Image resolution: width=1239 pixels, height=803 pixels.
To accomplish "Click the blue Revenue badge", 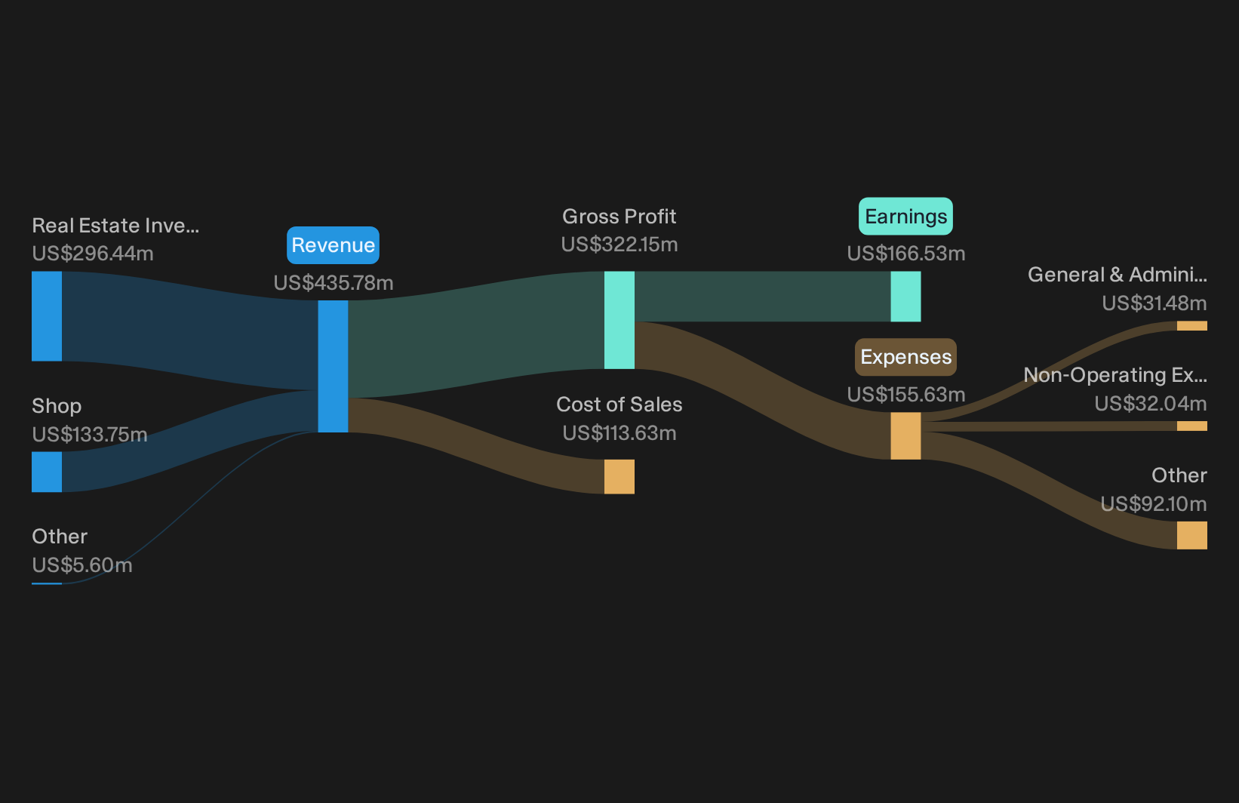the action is (x=333, y=245).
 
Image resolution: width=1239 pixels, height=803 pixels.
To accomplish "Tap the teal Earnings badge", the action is (x=905, y=217).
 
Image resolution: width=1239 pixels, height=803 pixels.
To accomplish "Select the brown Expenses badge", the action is (x=905, y=357).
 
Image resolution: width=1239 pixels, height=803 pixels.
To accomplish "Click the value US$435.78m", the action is (x=334, y=283).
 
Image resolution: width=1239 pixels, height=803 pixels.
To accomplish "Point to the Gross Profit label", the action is (x=619, y=217).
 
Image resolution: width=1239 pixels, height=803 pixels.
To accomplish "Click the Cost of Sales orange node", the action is (x=619, y=476).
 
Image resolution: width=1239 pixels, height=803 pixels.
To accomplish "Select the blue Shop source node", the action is (x=47, y=472).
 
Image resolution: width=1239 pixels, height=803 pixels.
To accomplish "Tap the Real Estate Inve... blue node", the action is (x=47, y=316).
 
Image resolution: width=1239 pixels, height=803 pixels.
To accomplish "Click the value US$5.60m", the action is (x=81, y=565).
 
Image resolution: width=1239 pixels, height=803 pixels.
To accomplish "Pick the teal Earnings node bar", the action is (x=906, y=297).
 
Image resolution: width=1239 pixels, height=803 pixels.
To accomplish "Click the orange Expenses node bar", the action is (x=906, y=435).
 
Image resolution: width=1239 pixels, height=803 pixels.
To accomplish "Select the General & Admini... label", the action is (x=1118, y=275).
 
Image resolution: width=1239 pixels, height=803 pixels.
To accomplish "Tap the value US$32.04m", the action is (x=1151, y=404).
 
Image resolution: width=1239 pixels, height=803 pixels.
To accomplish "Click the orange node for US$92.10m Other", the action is (x=1192, y=535).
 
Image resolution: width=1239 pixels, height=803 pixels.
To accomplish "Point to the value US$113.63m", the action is (x=619, y=432).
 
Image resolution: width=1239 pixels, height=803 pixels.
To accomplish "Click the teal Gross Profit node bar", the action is (x=619, y=320).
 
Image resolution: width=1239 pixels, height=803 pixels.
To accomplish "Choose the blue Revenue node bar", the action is (x=333, y=366).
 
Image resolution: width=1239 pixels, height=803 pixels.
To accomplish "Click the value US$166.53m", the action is (x=906, y=254).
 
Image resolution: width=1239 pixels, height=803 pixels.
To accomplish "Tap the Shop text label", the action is (x=57, y=406).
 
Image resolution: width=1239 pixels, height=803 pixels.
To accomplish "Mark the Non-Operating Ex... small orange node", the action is (x=1192, y=426).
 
